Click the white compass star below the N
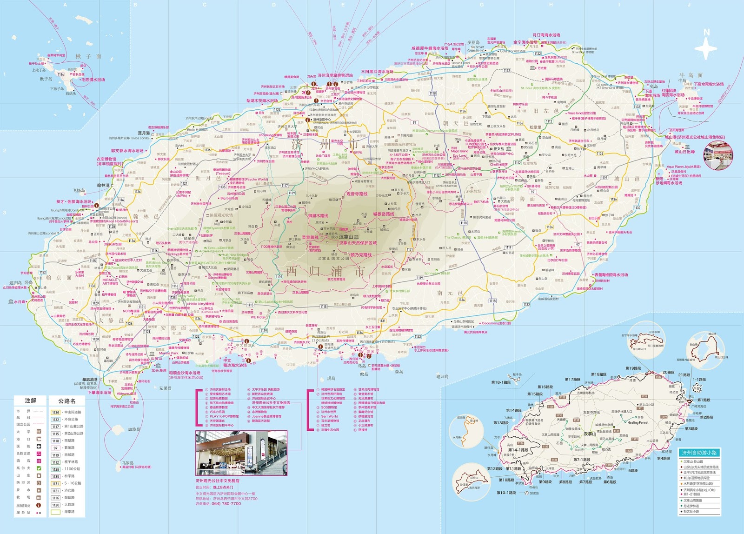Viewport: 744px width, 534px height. coord(707,48)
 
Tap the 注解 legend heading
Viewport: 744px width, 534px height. coord(31,400)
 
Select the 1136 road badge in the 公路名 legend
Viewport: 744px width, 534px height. coord(56,412)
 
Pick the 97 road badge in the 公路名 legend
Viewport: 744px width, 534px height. coord(56,448)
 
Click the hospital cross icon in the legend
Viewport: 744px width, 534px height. coord(39,447)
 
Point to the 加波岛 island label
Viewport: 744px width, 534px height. coord(134,429)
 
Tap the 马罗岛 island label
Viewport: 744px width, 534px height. coord(128,463)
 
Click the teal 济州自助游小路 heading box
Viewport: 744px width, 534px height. coord(699,453)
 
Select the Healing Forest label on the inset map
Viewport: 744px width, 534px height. coord(638,422)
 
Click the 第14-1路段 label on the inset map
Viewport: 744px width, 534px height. coord(518,450)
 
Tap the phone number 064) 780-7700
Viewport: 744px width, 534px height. coord(226,503)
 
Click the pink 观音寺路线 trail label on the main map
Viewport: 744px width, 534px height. coord(357,194)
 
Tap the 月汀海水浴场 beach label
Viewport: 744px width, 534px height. coord(546,35)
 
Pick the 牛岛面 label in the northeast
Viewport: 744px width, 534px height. coord(691,75)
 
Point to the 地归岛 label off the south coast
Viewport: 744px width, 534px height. coord(442,376)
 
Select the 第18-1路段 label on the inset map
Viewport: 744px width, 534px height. coord(501,382)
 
